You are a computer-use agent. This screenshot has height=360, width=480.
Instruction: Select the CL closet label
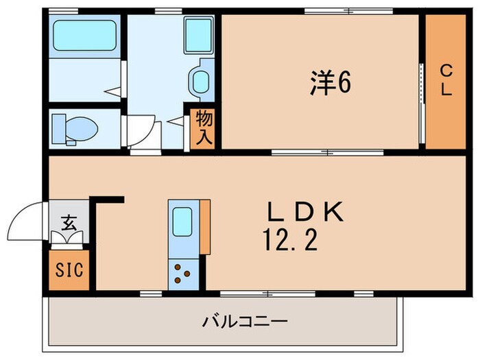(x=446, y=80)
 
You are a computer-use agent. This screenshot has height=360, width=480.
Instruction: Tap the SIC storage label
(x=69, y=269)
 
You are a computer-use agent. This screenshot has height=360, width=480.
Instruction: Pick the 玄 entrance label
(x=69, y=222)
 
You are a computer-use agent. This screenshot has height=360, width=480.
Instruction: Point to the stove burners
(x=182, y=274)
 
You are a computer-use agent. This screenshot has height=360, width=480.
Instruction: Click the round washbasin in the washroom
(x=200, y=82)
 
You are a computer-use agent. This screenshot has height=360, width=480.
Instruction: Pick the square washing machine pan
(x=199, y=34)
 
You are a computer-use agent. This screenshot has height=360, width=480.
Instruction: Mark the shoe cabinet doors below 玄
(x=69, y=238)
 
